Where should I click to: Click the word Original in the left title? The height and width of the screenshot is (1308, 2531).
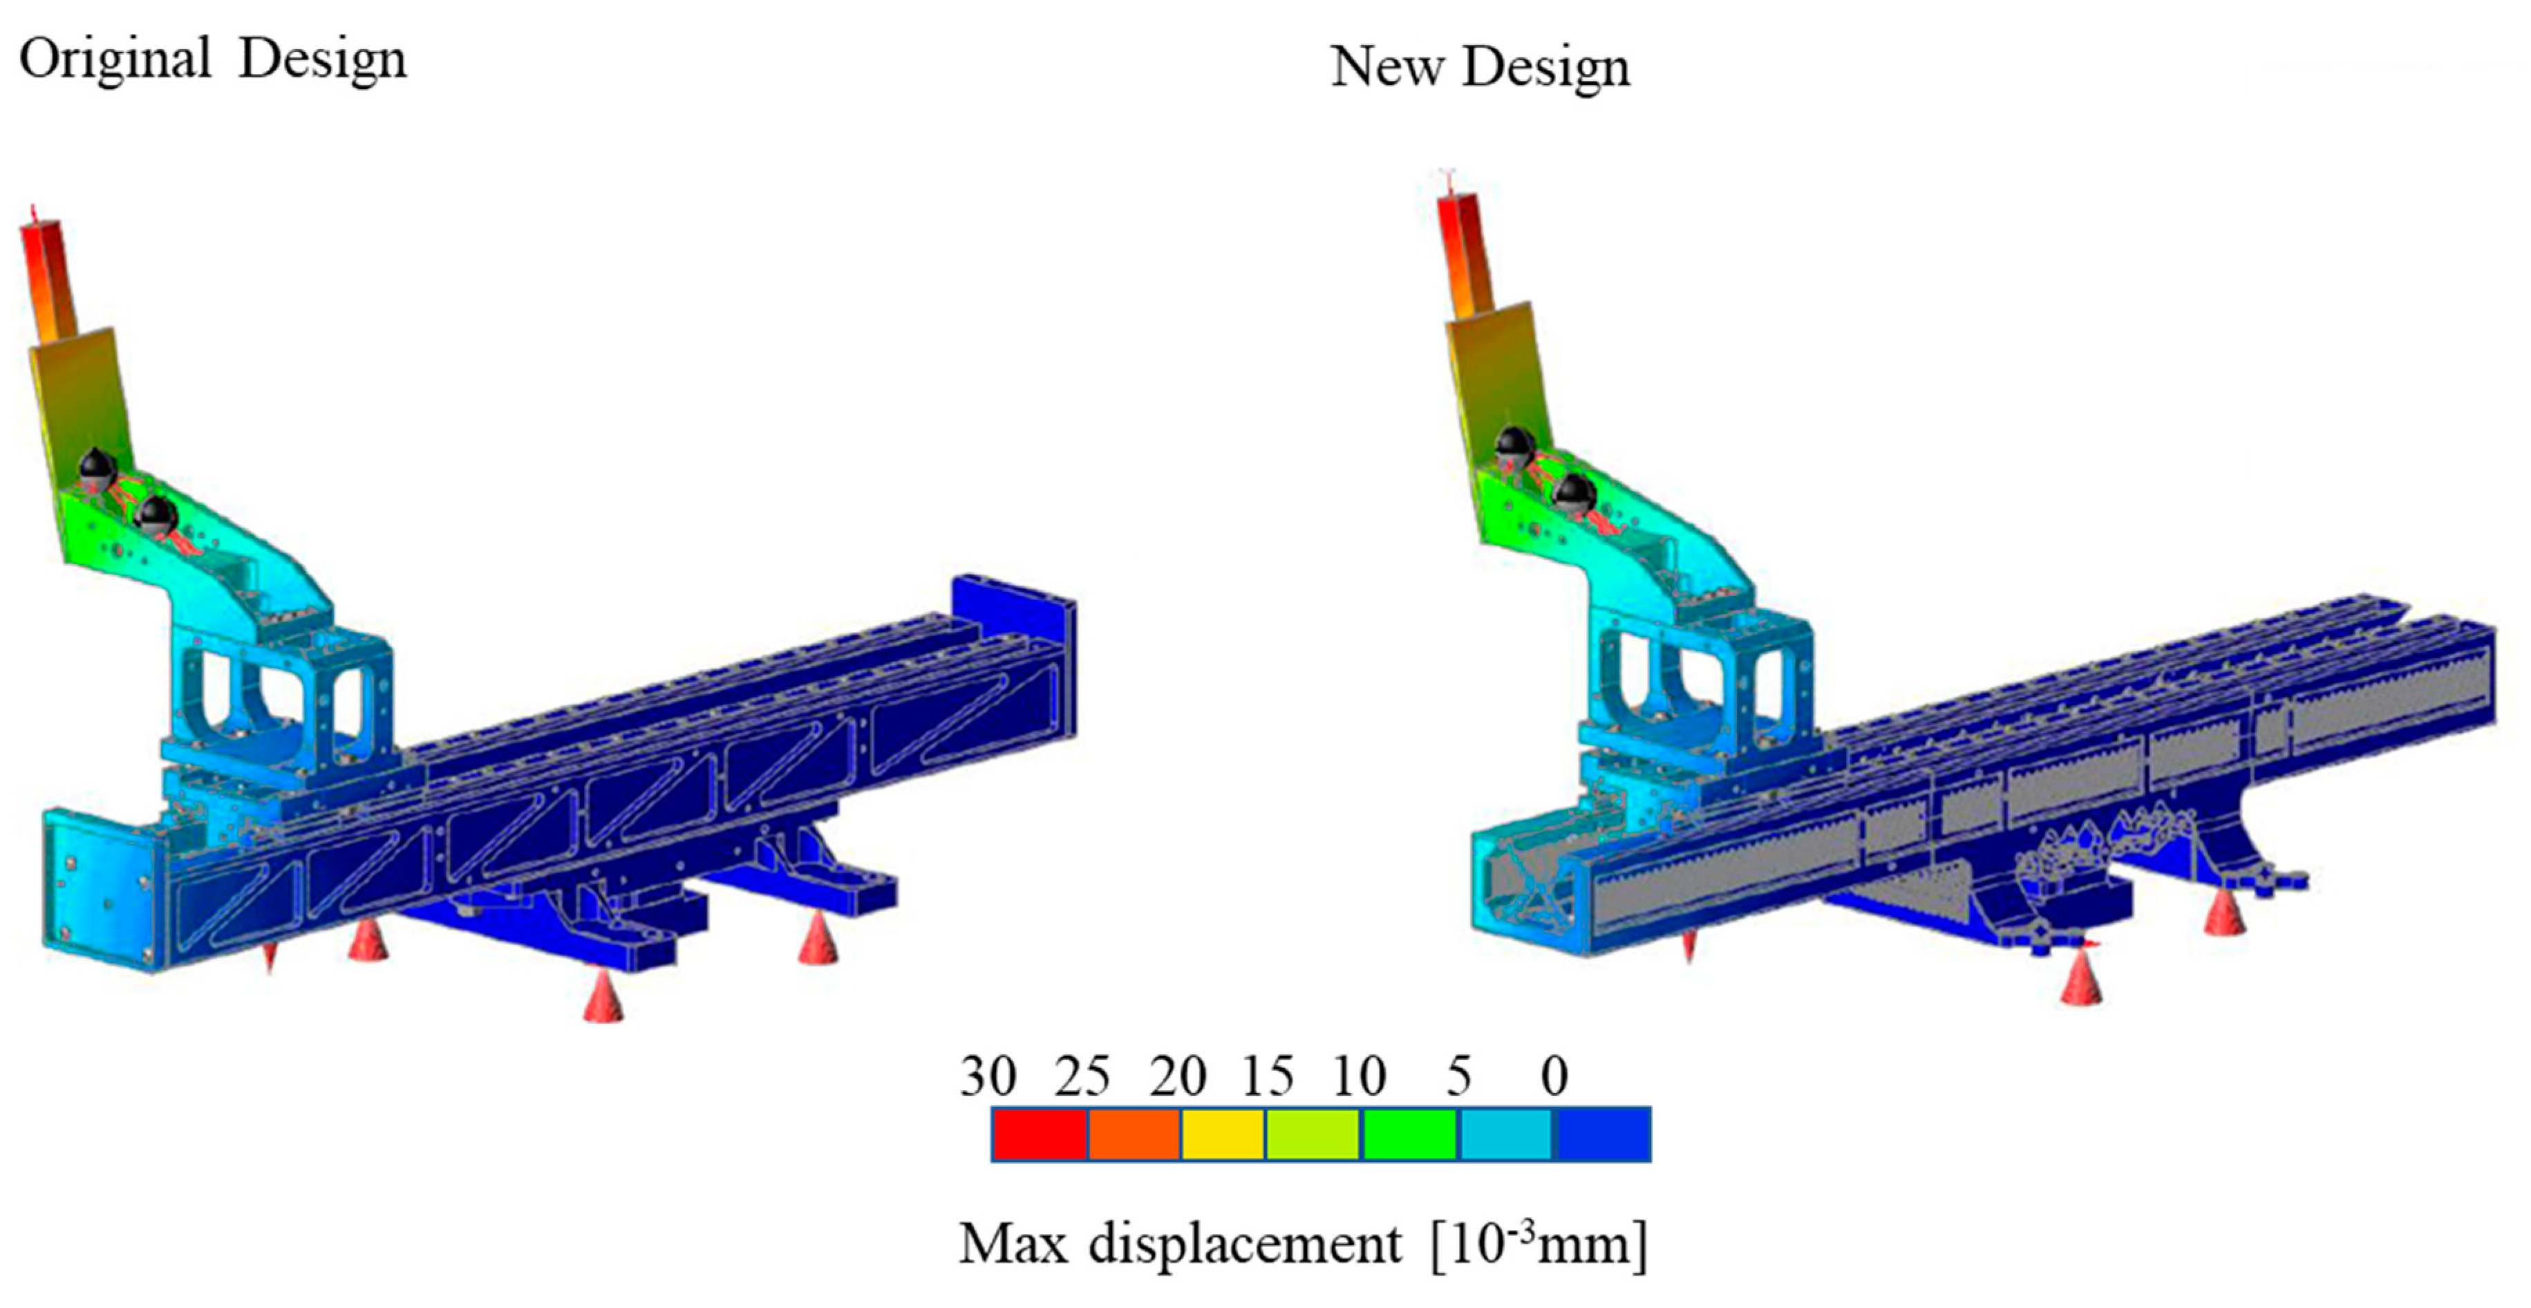(x=115, y=59)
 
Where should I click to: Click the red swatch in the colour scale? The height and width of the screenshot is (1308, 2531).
(x=1039, y=1134)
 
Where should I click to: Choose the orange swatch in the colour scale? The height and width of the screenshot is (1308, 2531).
(x=1134, y=1134)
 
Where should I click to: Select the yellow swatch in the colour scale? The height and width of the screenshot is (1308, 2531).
(x=1223, y=1134)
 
